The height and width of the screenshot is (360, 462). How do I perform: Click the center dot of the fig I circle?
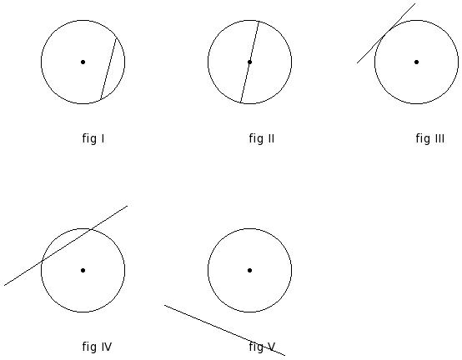pyautogui.click(x=83, y=62)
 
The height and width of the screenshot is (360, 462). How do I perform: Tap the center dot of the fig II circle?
pyautogui.click(x=249, y=62)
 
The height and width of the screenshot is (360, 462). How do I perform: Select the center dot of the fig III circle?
pyautogui.click(x=416, y=62)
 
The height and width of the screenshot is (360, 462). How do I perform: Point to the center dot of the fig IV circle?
pyautogui.click(x=83, y=270)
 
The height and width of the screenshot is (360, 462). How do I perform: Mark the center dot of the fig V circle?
pyautogui.click(x=249, y=270)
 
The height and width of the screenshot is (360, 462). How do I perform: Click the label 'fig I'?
pyautogui.click(x=93, y=138)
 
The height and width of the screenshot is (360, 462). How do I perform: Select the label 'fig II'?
pyautogui.click(x=262, y=138)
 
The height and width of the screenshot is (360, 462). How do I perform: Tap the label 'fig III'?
pyautogui.click(x=430, y=138)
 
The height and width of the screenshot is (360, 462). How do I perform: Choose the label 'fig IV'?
pyautogui.click(x=97, y=347)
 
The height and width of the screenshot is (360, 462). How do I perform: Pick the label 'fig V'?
pyautogui.click(x=262, y=347)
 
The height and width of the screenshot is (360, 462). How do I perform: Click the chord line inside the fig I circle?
pyautogui.click(x=108, y=68)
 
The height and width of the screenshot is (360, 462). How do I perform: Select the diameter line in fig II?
pyautogui.click(x=250, y=62)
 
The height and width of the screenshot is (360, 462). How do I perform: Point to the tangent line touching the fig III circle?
pyautogui.click(x=386, y=33)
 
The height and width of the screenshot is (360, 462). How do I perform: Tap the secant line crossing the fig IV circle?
pyautogui.click(x=66, y=246)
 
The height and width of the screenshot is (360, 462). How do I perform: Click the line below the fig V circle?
pyautogui.click(x=224, y=330)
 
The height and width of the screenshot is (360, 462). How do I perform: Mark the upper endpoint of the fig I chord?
pyautogui.click(x=117, y=38)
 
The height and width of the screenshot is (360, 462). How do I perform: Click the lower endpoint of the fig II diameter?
pyautogui.click(x=241, y=102)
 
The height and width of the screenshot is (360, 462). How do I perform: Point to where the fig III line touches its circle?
pyautogui.click(x=387, y=32)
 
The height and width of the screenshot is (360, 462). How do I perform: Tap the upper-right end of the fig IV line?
pyautogui.click(x=128, y=206)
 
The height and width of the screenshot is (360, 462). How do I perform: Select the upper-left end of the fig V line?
pyautogui.click(x=164, y=305)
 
